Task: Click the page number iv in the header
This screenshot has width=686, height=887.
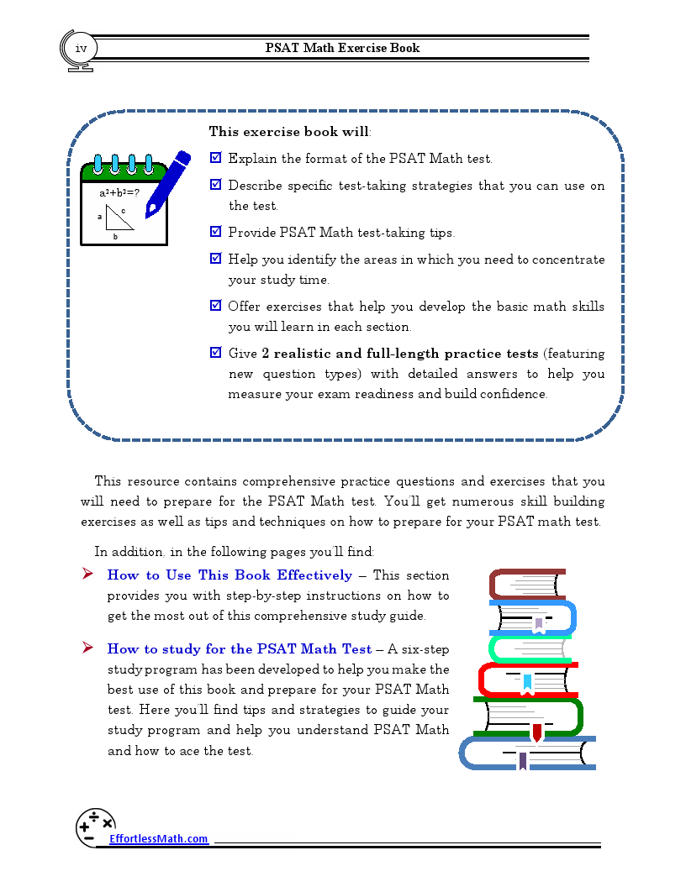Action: click(x=81, y=48)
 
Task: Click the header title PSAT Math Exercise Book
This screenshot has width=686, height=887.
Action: click(x=342, y=48)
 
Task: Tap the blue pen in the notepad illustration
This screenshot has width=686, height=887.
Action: click(x=167, y=184)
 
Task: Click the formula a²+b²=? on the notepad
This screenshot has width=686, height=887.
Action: click(x=119, y=192)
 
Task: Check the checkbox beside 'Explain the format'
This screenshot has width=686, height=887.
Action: click(x=215, y=157)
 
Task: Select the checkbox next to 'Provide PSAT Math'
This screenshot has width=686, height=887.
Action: click(x=215, y=232)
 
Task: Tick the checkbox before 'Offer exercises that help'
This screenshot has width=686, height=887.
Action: click(x=215, y=306)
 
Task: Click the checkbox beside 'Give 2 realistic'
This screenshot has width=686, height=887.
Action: click(x=215, y=353)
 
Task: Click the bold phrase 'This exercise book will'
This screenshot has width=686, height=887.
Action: click(x=288, y=132)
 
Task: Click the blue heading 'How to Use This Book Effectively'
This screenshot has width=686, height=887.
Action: click(x=230, y=575)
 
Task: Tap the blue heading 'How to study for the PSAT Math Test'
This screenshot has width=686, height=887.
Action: click(x=239, y=649)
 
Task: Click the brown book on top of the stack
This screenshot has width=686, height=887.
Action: click(x=527, y=584)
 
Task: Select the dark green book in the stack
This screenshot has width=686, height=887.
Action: click(x=528, y=716)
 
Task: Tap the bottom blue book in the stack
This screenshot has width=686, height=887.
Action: click(x=527, y=753)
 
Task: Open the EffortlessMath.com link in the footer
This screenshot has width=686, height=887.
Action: click(x=158, y=838)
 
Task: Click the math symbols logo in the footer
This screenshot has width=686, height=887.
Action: click(x=95, y=827)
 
